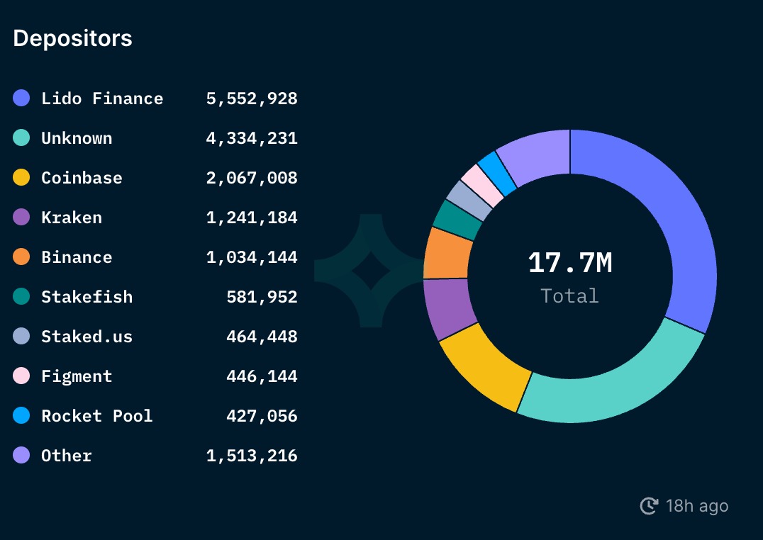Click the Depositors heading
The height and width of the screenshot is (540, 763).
click(72, 38)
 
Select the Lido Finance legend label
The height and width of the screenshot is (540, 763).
click(102, 99)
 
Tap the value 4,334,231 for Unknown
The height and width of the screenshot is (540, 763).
click(252, 138)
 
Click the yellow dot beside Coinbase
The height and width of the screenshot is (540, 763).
click(21, 178)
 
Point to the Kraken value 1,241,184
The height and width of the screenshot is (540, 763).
click(252, 218)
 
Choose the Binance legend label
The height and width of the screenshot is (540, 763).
click(77, 257)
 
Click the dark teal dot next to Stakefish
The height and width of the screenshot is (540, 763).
click(21, 297)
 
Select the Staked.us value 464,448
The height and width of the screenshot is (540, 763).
click(262, 337)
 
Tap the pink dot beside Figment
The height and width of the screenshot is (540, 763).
click(21, 376)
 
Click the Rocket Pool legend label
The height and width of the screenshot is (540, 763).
click(97, 416)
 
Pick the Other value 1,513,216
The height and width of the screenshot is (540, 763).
click(252, 456)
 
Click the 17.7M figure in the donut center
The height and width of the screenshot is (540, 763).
click(570, 264)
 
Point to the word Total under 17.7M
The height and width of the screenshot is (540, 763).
click(570, 296)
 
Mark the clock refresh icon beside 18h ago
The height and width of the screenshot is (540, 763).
click(649, 506)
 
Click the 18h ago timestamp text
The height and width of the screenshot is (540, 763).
click(697, 506)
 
